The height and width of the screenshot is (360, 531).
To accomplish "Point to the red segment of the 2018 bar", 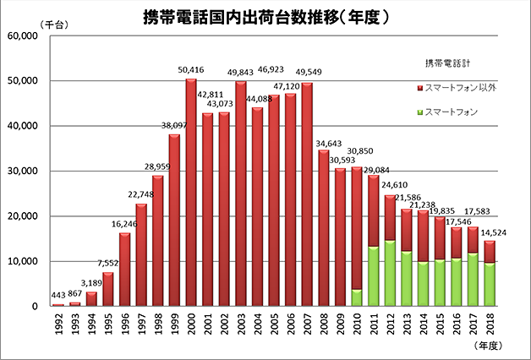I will (490, 251).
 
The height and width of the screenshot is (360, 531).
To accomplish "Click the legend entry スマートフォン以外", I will (463, 87).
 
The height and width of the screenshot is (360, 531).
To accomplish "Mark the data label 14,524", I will (494, 232).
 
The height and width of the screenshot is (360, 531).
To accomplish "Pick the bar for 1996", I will (125, 270).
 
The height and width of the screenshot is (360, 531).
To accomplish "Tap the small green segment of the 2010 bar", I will (357, 297).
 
